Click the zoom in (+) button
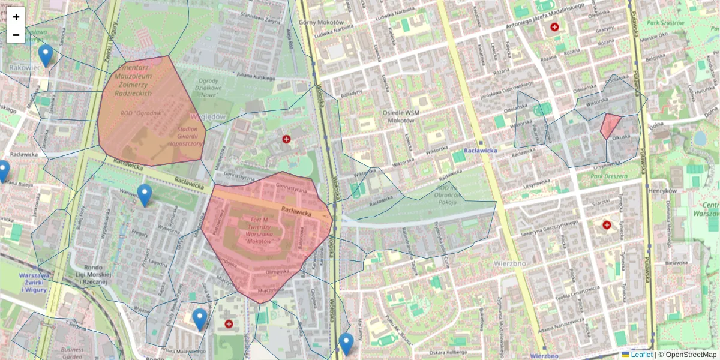click(16, 17)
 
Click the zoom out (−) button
click(16, 35)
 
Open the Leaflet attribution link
click(641, 355)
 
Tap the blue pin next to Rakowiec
click(45, 55)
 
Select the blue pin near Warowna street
click(144, 195)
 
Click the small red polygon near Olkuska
click(610, 125)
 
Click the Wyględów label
click(208, 116)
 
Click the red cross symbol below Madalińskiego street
click(554, 27)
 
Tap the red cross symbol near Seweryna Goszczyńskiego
click(607, 225)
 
